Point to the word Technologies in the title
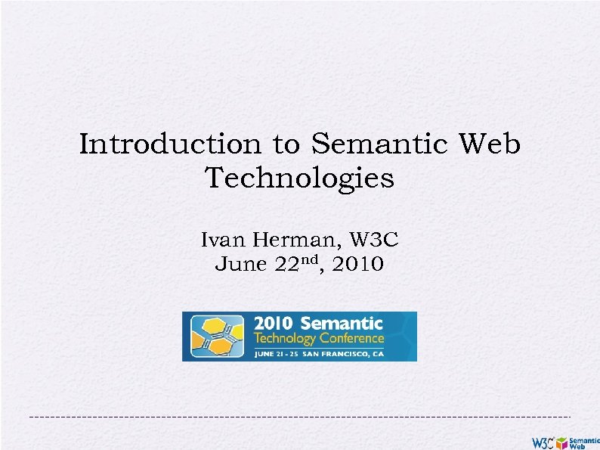coord(299,178)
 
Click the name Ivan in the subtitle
coord(222,241)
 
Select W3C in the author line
coord(373,241)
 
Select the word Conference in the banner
coord(351,338)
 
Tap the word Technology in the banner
coord(285,338)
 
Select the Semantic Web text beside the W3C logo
coord(583,442)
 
